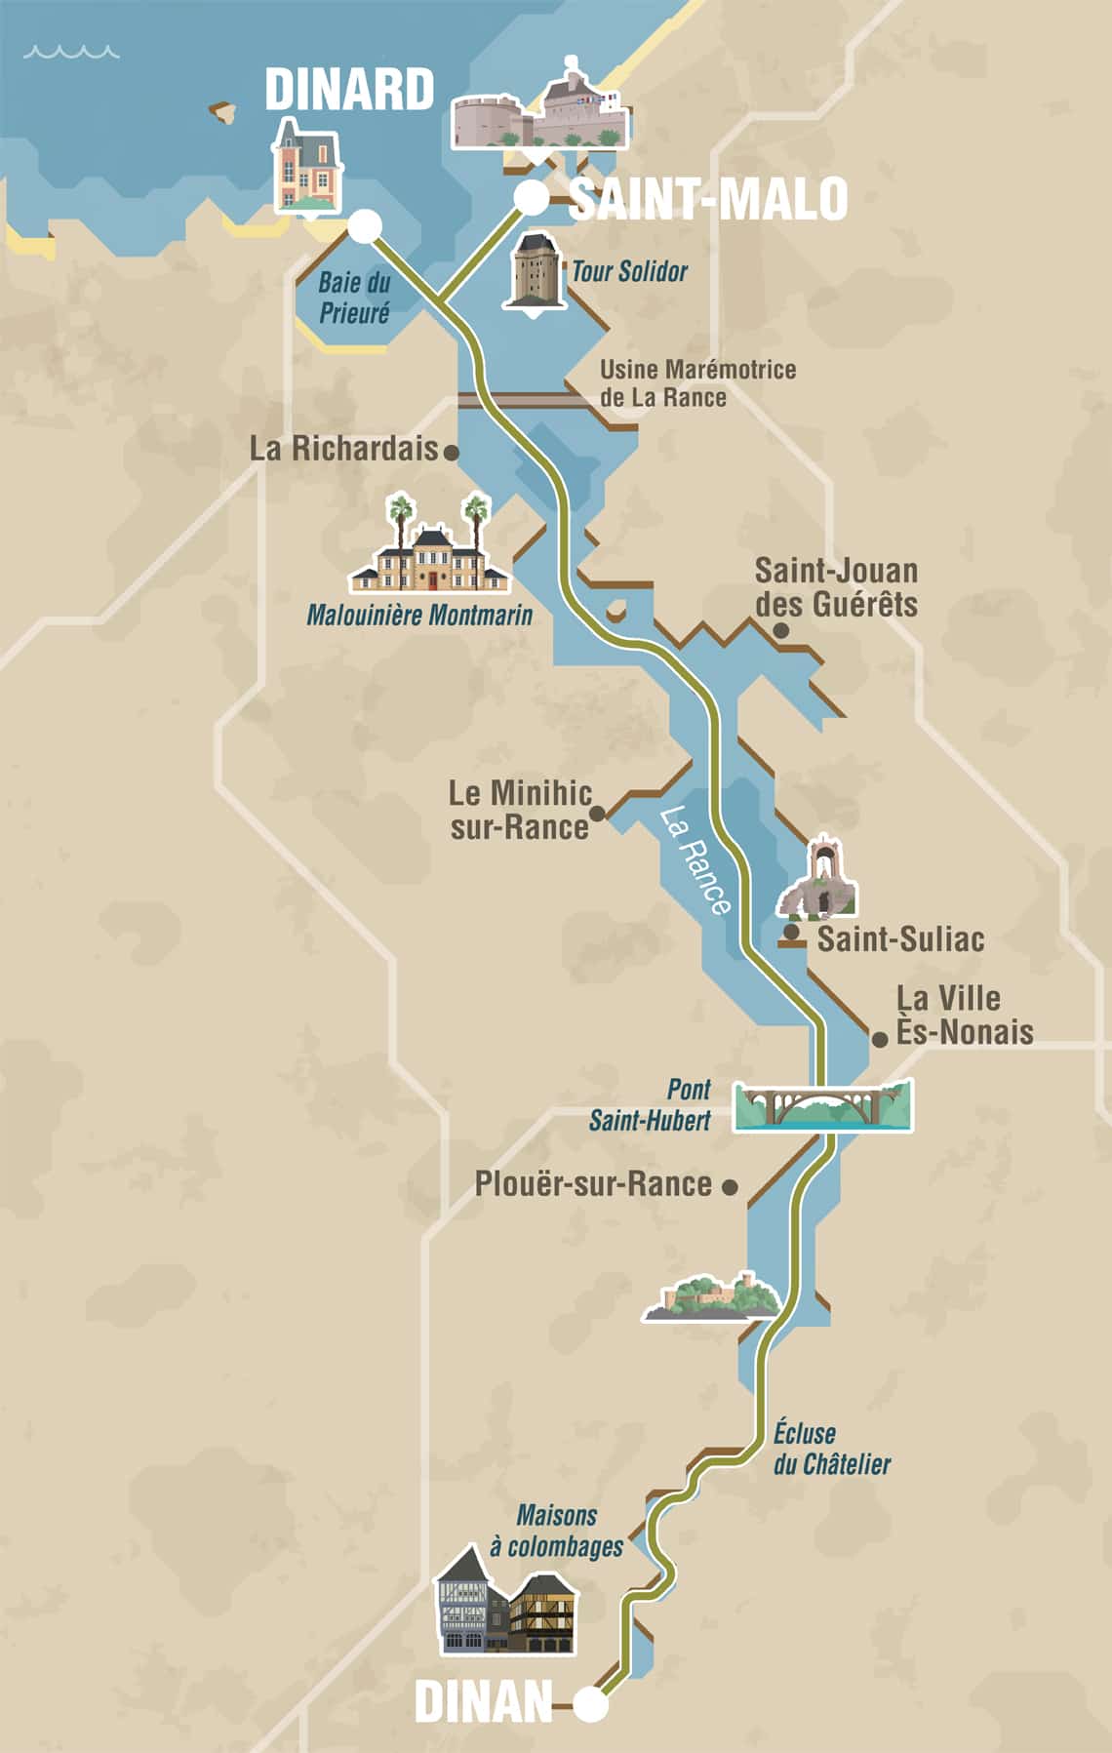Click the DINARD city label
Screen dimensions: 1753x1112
pos(349,90)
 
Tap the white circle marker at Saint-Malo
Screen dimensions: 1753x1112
pos(532,198)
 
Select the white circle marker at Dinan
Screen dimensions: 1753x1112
pos(590,1705)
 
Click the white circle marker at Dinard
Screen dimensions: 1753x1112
pos(365,226)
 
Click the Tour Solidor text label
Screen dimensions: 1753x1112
pos(629,271)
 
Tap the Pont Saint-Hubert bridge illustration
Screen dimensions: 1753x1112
pos(823,1105)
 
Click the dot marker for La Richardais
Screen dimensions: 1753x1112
pos(451,453)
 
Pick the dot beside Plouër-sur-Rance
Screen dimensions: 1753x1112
pos(729,1187)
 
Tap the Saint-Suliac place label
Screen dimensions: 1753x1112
pos(899,939)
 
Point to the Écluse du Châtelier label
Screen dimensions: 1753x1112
pos(830,1448)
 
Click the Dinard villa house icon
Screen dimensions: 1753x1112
pos(306,166)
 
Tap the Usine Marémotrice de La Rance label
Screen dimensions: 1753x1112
pos(696,383)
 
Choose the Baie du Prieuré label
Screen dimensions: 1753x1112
pos(354,298)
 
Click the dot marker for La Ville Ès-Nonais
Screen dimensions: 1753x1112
pos(879,1040)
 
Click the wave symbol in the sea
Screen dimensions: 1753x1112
pos(71,51)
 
